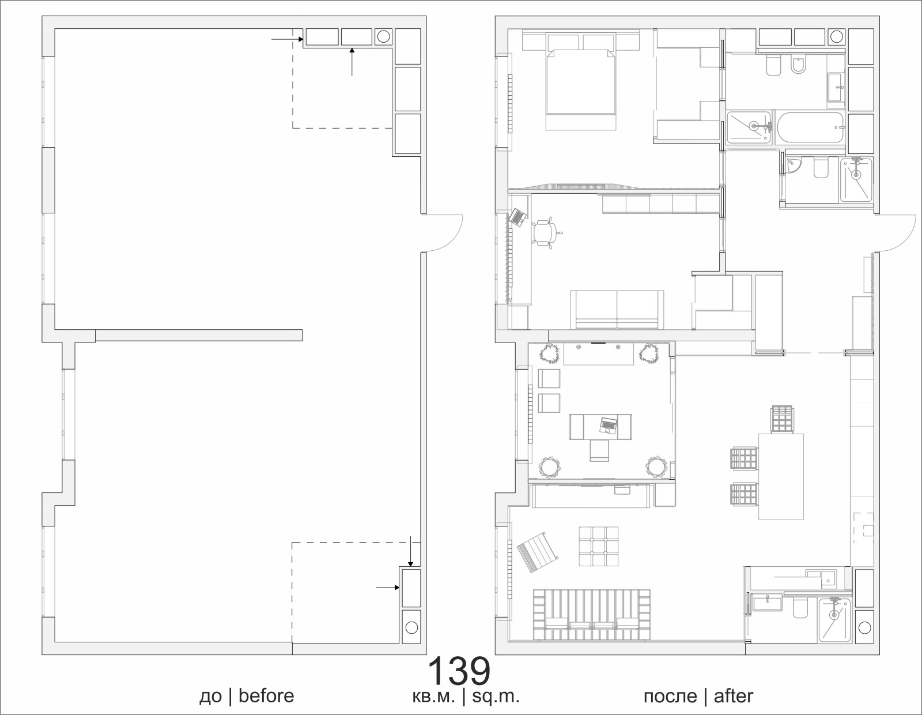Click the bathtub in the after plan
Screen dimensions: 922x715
point(811,126)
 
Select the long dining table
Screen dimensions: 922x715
point(781,476)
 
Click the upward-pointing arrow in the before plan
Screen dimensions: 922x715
point(352,62)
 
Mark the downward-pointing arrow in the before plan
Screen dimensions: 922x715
point(410,551)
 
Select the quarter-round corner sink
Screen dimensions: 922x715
point(792,166)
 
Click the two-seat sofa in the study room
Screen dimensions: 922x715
point(617,310)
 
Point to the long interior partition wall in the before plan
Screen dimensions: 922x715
point(199,336)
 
